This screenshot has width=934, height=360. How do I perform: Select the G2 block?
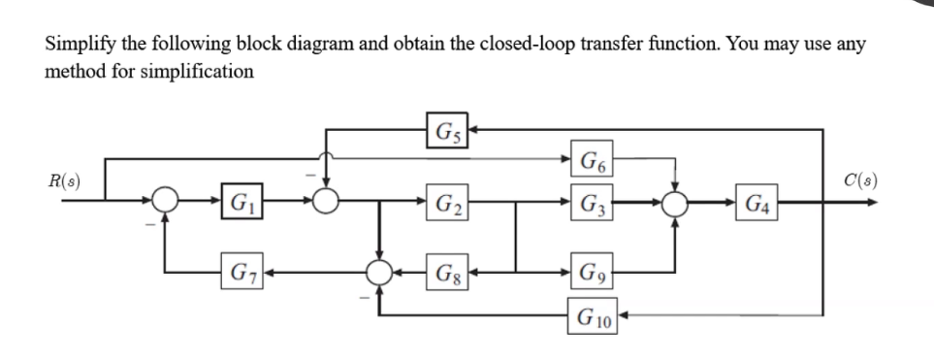(447, 204)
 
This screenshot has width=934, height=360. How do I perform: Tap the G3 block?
(588, 204)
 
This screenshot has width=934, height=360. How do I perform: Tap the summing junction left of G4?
(676, 205)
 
